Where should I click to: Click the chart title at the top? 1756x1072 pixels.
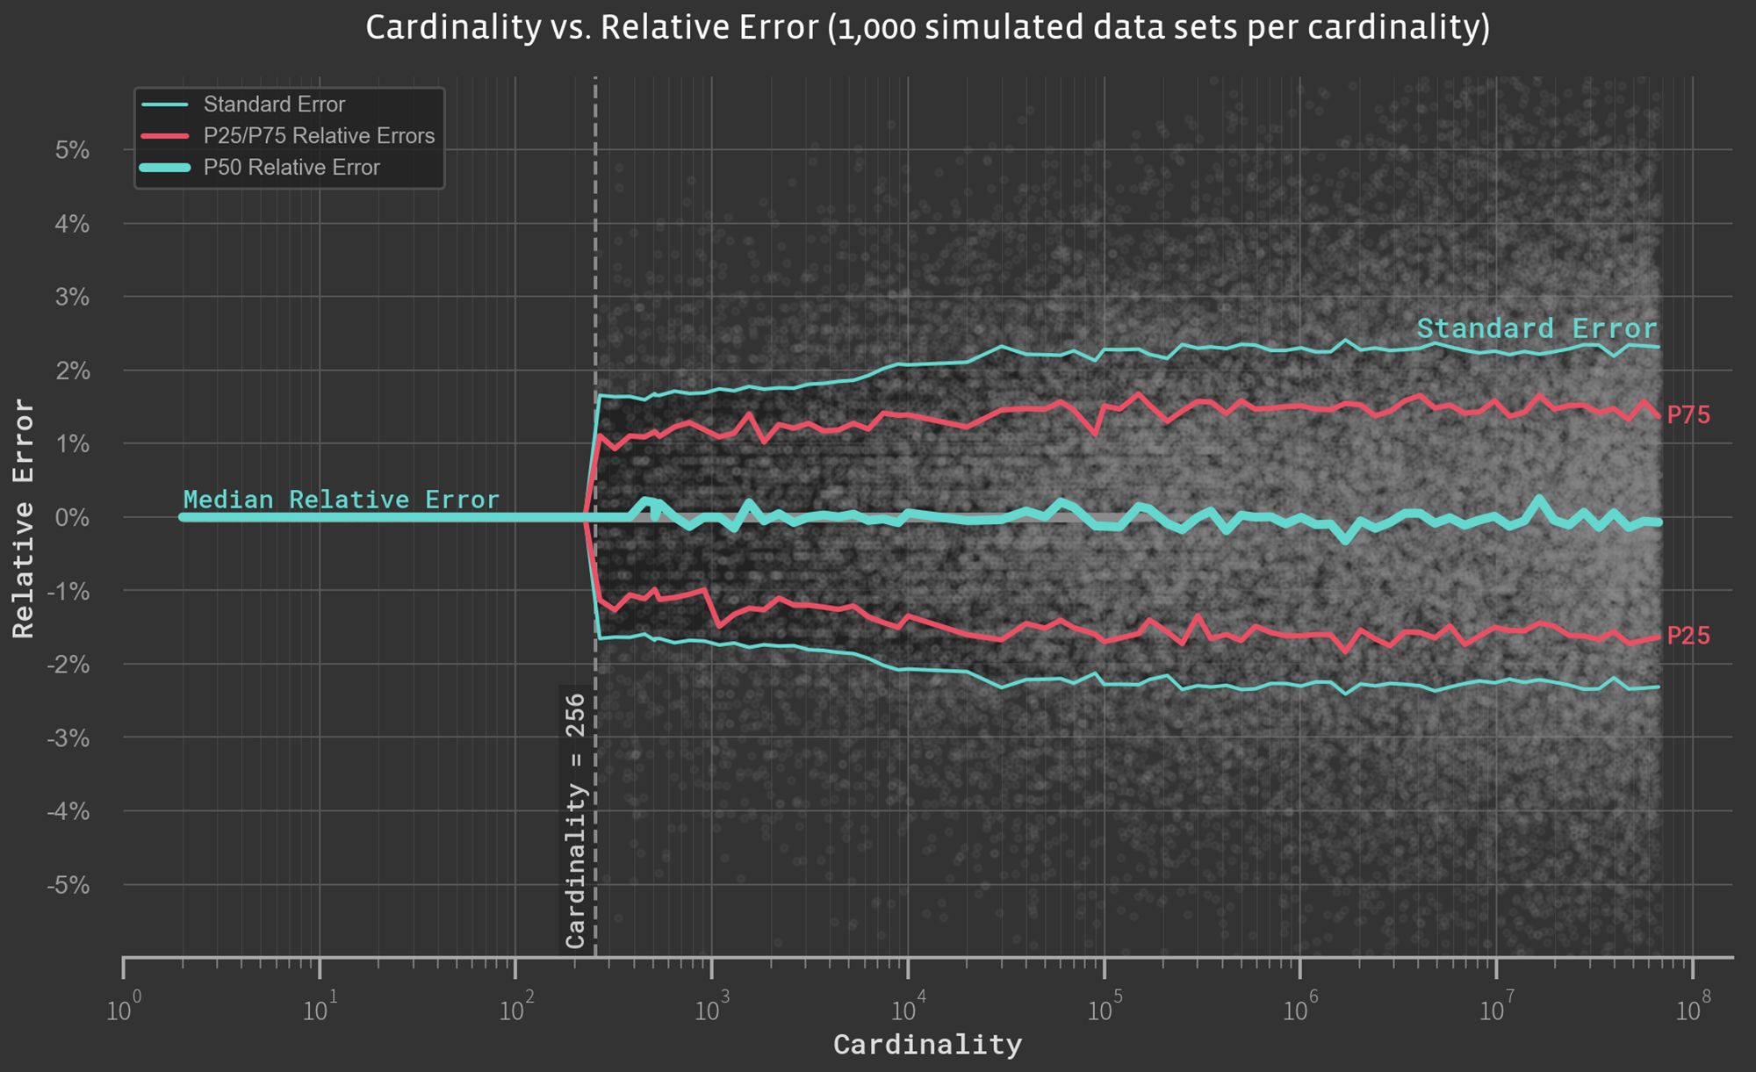927,27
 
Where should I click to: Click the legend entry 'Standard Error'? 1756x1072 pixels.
274,104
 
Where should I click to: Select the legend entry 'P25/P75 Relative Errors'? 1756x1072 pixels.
319,136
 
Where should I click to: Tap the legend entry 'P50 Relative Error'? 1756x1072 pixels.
291,168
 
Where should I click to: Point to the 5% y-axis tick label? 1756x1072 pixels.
72,150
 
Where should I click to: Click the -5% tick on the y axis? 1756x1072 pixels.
68,885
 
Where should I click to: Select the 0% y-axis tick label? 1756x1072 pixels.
72,517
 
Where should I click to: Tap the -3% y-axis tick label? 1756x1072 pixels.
68,738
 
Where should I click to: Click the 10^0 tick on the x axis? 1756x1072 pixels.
119,1011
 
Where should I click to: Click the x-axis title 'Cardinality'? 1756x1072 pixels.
927,1045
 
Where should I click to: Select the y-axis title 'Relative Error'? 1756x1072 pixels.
24,518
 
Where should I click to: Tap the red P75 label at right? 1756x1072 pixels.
1688,415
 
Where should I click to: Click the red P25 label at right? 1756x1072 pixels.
1688,636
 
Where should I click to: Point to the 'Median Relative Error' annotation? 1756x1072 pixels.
341,500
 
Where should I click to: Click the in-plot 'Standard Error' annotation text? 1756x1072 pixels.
1536,328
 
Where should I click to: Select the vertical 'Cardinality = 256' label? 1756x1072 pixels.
575,821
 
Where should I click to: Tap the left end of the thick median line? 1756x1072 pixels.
184,517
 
